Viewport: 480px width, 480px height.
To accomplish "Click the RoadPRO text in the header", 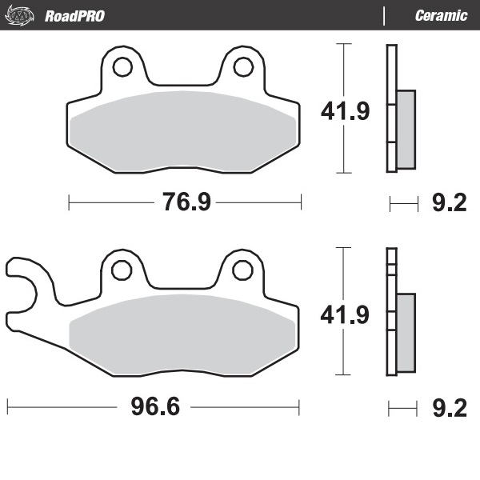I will (74, 15).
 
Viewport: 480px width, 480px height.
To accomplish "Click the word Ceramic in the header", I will (442, 15).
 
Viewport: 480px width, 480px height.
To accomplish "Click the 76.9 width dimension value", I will (186, 202).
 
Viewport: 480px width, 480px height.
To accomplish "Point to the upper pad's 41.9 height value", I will (345, 110).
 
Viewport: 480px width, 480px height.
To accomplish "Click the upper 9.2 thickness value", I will (449, 203).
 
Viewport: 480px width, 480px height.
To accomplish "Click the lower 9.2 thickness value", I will (449, 409).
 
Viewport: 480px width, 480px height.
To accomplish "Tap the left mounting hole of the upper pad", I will (122, 66).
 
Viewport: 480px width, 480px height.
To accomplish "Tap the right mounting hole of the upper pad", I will (242, 66).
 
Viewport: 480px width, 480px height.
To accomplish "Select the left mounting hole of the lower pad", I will (122, 270).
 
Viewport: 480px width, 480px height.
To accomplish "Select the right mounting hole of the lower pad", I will (242, 270).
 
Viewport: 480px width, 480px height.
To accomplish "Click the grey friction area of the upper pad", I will (183, 132).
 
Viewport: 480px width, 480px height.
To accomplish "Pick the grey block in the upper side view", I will (406, 129).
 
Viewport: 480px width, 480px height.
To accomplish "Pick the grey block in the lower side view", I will (406, 333).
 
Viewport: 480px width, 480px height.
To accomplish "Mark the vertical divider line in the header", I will (385, 15).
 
